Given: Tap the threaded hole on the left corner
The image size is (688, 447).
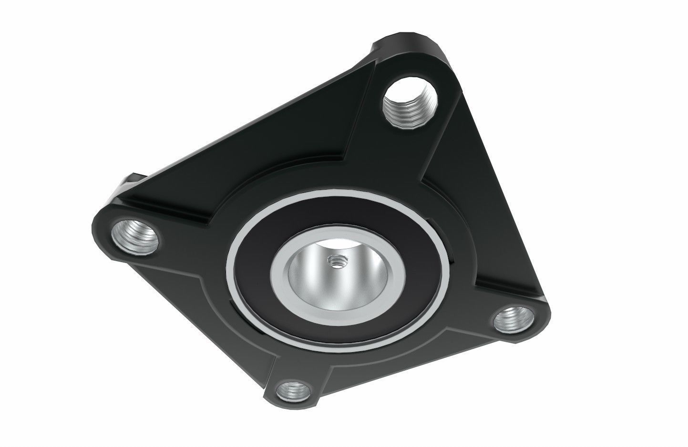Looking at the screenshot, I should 135,234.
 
